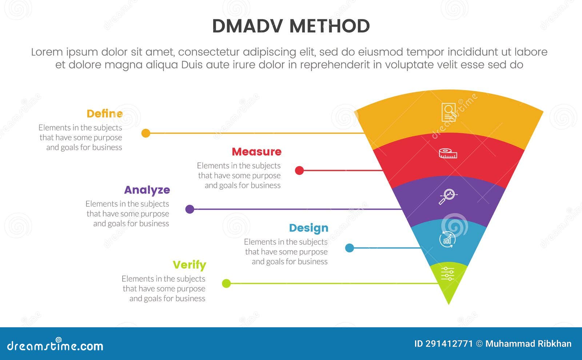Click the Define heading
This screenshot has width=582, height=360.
105,114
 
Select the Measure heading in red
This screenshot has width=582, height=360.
256,152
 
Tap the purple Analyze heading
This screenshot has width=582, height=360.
147,190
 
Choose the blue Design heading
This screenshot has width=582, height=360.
308,228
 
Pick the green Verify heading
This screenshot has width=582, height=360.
189,265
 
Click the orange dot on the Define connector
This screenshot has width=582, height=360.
145,133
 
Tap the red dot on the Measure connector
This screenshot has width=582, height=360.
299,170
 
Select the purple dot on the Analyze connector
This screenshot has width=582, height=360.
190,209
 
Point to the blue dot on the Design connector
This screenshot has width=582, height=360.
349,248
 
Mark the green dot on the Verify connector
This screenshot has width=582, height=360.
226,283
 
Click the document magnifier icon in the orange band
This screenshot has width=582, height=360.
449,112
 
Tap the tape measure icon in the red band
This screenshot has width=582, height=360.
448,153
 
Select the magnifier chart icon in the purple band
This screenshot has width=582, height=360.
447,196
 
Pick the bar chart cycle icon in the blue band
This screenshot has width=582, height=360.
447,239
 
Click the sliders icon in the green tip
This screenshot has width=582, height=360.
448,274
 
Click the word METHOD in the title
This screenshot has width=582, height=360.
330,26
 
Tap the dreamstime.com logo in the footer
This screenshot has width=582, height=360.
55,345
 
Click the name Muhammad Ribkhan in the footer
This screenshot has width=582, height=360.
528,344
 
